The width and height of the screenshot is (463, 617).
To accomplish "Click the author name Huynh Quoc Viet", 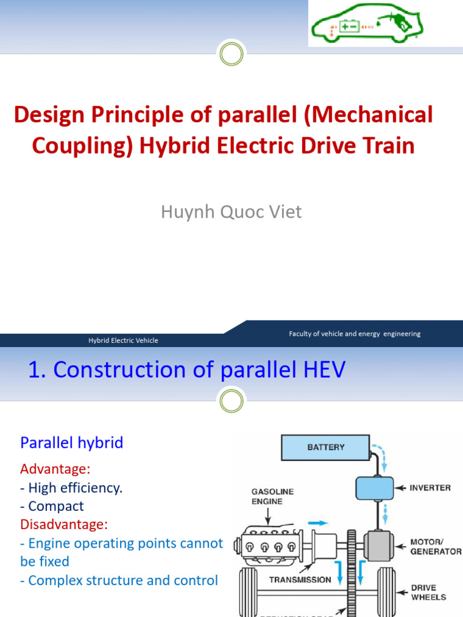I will (x=231, y=212).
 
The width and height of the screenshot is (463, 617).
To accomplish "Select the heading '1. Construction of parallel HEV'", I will (x=187, y=370).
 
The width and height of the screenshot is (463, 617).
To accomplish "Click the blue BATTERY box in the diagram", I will (x=326, y=448).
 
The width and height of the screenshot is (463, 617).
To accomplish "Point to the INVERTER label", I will (x=430, y=487).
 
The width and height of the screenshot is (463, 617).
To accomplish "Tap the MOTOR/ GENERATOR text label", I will (x=435, y=547).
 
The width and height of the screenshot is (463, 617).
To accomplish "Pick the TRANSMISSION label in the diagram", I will (x=300, y=580).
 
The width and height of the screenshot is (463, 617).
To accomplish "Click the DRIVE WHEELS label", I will (x=428, y=592).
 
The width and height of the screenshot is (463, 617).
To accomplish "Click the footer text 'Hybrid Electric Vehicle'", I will (x=123, y=340).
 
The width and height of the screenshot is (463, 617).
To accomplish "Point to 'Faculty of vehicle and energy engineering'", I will (x=354, y=334).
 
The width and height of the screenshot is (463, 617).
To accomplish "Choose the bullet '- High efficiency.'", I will (x=71, y=488).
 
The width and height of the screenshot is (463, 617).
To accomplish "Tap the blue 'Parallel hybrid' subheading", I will (x=72, y=443).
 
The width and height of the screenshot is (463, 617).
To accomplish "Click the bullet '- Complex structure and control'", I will (x=119, y=580).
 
